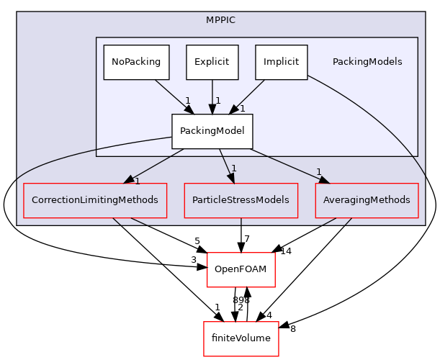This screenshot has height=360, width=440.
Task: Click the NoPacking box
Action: coord(136,62)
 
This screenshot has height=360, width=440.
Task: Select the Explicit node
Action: coord(212,62)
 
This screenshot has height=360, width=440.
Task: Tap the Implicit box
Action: coord(281,62)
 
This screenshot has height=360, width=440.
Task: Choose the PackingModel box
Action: coord(212,131)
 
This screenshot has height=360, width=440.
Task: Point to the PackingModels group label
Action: coord(367,62)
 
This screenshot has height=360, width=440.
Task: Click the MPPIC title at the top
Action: coord(220,24)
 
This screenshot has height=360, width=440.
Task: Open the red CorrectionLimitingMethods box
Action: coord(95,200)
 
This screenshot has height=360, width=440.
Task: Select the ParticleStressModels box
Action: coord(241,200)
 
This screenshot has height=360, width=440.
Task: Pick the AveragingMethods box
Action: coord(367,200)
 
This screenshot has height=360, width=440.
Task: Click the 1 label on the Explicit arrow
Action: coord(217,101)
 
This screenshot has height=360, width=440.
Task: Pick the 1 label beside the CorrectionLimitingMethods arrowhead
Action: coord(137,181)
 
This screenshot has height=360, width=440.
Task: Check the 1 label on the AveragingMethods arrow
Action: coord(318,172)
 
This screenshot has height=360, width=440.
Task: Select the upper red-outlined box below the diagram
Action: coord(241,269)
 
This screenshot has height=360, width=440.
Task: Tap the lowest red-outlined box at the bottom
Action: coord(241,338)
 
